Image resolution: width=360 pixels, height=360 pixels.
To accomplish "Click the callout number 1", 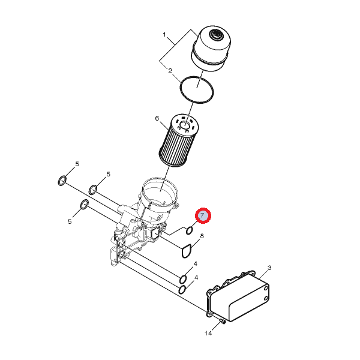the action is point(164,35).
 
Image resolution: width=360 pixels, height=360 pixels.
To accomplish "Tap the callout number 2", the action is point(170,71).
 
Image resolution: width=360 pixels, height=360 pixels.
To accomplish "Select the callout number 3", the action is point(269,268).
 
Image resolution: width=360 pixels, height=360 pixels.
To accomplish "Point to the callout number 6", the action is point(157,118).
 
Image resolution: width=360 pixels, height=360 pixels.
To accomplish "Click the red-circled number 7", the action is point(203,215).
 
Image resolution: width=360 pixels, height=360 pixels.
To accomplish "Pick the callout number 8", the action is point(202,236).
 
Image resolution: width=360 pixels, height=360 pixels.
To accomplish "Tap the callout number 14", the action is point(208,333).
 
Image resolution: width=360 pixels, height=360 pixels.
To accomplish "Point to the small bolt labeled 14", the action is point(223,321).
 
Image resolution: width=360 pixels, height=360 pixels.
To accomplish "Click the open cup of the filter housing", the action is point(160,193).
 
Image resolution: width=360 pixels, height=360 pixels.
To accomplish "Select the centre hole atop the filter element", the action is point(185,125).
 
